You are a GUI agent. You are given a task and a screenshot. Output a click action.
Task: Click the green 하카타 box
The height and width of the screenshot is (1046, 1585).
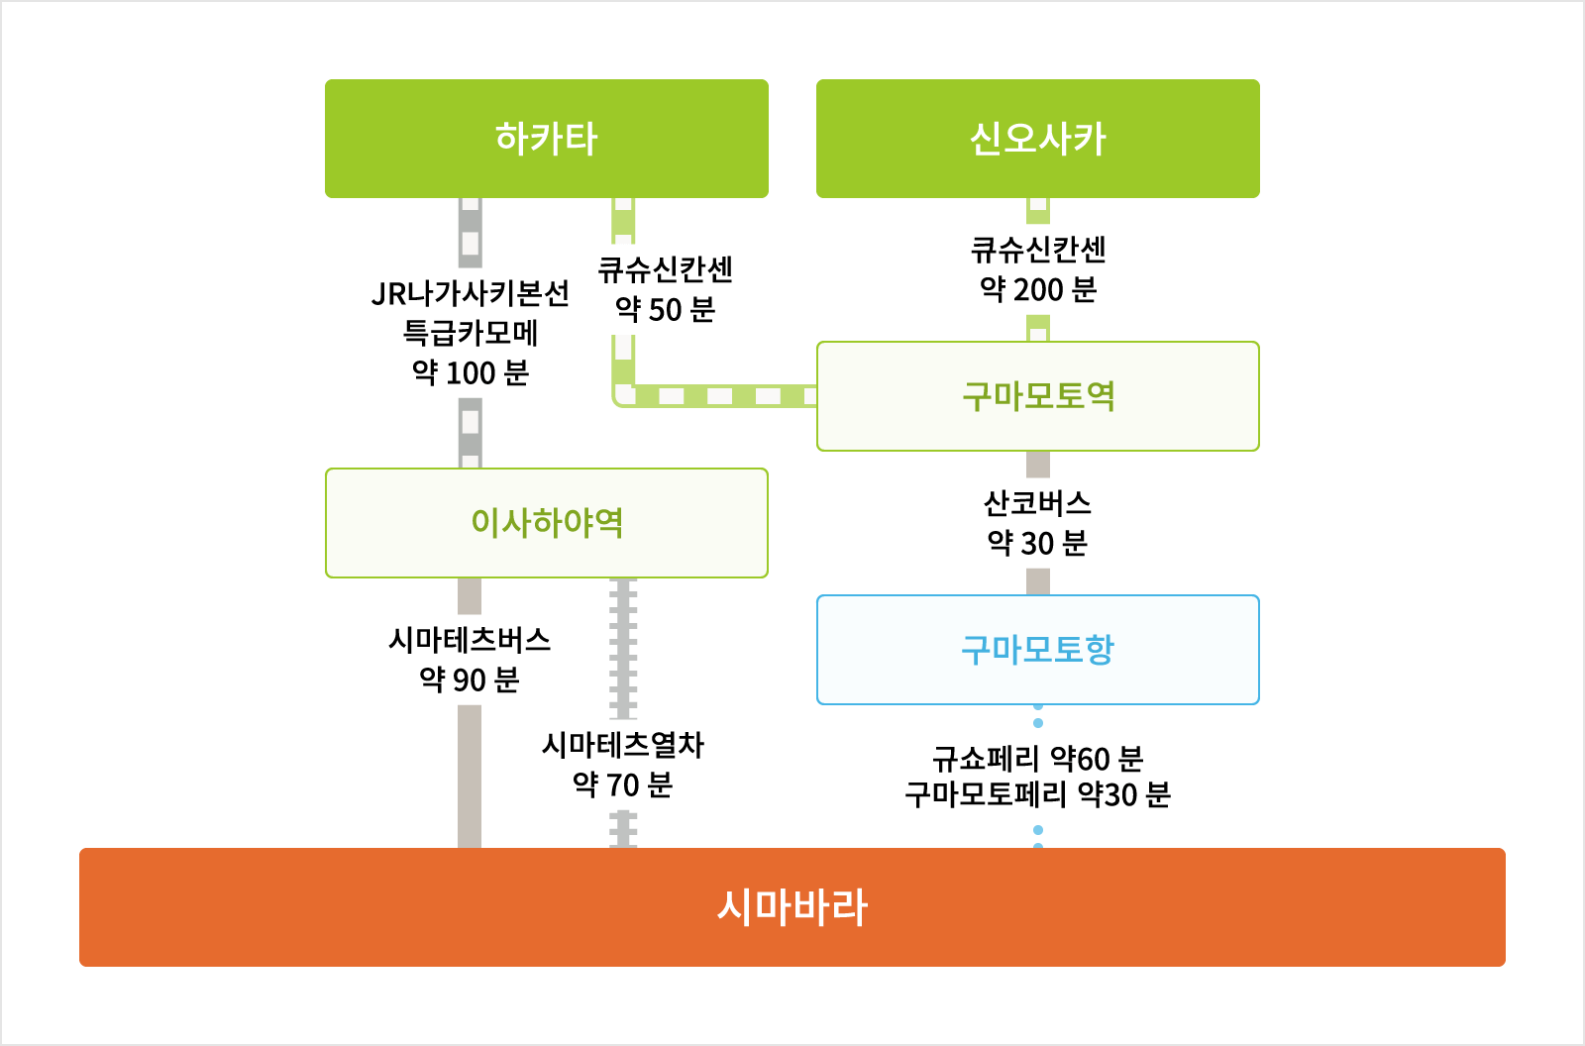[546, 139]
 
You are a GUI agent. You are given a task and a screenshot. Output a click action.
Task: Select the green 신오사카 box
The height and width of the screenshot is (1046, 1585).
[1037, 139]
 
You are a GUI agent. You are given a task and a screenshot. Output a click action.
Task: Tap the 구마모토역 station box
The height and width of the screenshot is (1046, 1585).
[1037, 396]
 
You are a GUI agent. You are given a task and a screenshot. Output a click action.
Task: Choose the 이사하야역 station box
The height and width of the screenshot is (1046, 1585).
[546, 523]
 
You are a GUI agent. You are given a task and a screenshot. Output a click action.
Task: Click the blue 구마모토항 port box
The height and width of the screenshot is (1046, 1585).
[1037, 650]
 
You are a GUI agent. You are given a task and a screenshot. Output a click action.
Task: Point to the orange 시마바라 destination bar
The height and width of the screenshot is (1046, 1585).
[792, 907]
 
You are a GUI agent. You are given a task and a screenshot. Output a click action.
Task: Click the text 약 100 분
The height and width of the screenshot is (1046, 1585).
[471, 373]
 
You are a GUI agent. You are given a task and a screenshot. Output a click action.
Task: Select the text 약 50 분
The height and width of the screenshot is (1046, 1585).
[665, 309]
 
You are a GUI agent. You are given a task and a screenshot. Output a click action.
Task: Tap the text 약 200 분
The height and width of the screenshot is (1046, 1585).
[1038, 289]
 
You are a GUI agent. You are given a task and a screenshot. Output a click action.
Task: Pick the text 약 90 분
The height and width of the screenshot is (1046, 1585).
[470, 680]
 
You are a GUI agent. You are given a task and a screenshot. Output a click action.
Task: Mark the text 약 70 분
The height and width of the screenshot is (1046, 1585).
[623, 784]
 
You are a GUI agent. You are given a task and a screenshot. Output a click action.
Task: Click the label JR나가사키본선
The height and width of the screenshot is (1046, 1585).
[471, 294]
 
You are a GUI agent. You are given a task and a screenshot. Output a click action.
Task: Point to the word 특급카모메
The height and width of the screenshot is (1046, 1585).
[471, 334]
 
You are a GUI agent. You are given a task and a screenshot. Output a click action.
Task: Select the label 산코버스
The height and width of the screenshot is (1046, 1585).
[1038, 504]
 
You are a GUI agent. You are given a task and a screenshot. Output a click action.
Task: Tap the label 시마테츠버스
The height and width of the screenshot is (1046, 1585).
[470, 641]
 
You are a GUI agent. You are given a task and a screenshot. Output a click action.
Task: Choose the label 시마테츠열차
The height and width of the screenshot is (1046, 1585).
[623, 745]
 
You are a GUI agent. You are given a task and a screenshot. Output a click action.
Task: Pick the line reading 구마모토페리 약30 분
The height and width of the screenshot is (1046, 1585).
[1038, 794]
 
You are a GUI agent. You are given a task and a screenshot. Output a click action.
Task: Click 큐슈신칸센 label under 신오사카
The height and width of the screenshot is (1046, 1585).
[1038, 250]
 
